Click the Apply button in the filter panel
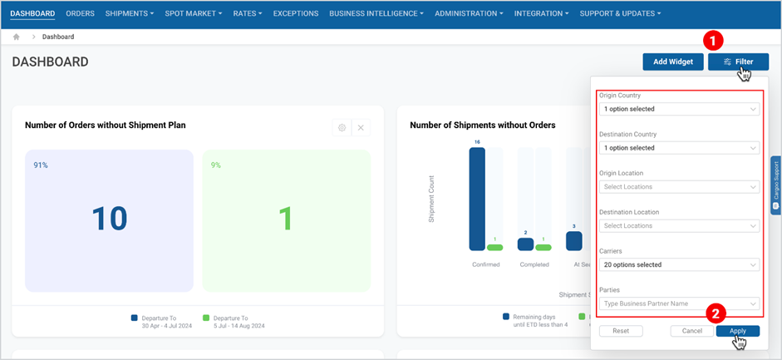tap(737, 331)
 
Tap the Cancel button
tap(691, 331)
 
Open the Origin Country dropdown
tap(679, 109)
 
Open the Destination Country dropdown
tap(679, 148)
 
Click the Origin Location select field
tap(679, 187)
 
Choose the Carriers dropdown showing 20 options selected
tap(679, 265)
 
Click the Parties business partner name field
tap(679, 303)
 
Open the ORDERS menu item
tap(80, 13)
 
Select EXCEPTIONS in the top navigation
tap(296, 13)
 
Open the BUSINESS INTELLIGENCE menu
tap(376, 13)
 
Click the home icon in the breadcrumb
tap(17, 37)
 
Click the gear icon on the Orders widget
tap(341, 127)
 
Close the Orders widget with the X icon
tap(361, 127)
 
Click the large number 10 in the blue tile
tap(109, 219)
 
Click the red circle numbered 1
tap(712, 40)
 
